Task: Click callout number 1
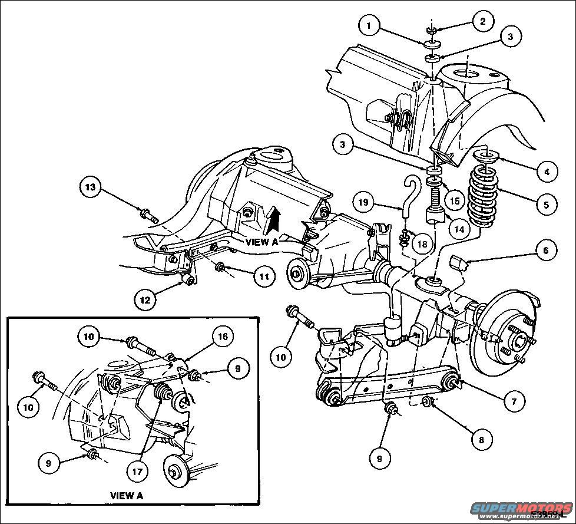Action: [369, 27]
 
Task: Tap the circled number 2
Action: [483, 21]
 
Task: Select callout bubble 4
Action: [547, 172]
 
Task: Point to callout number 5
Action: [547, 205]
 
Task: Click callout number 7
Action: [511, 400]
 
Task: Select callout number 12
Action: [145, 299]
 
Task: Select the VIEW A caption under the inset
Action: [126, 495]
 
